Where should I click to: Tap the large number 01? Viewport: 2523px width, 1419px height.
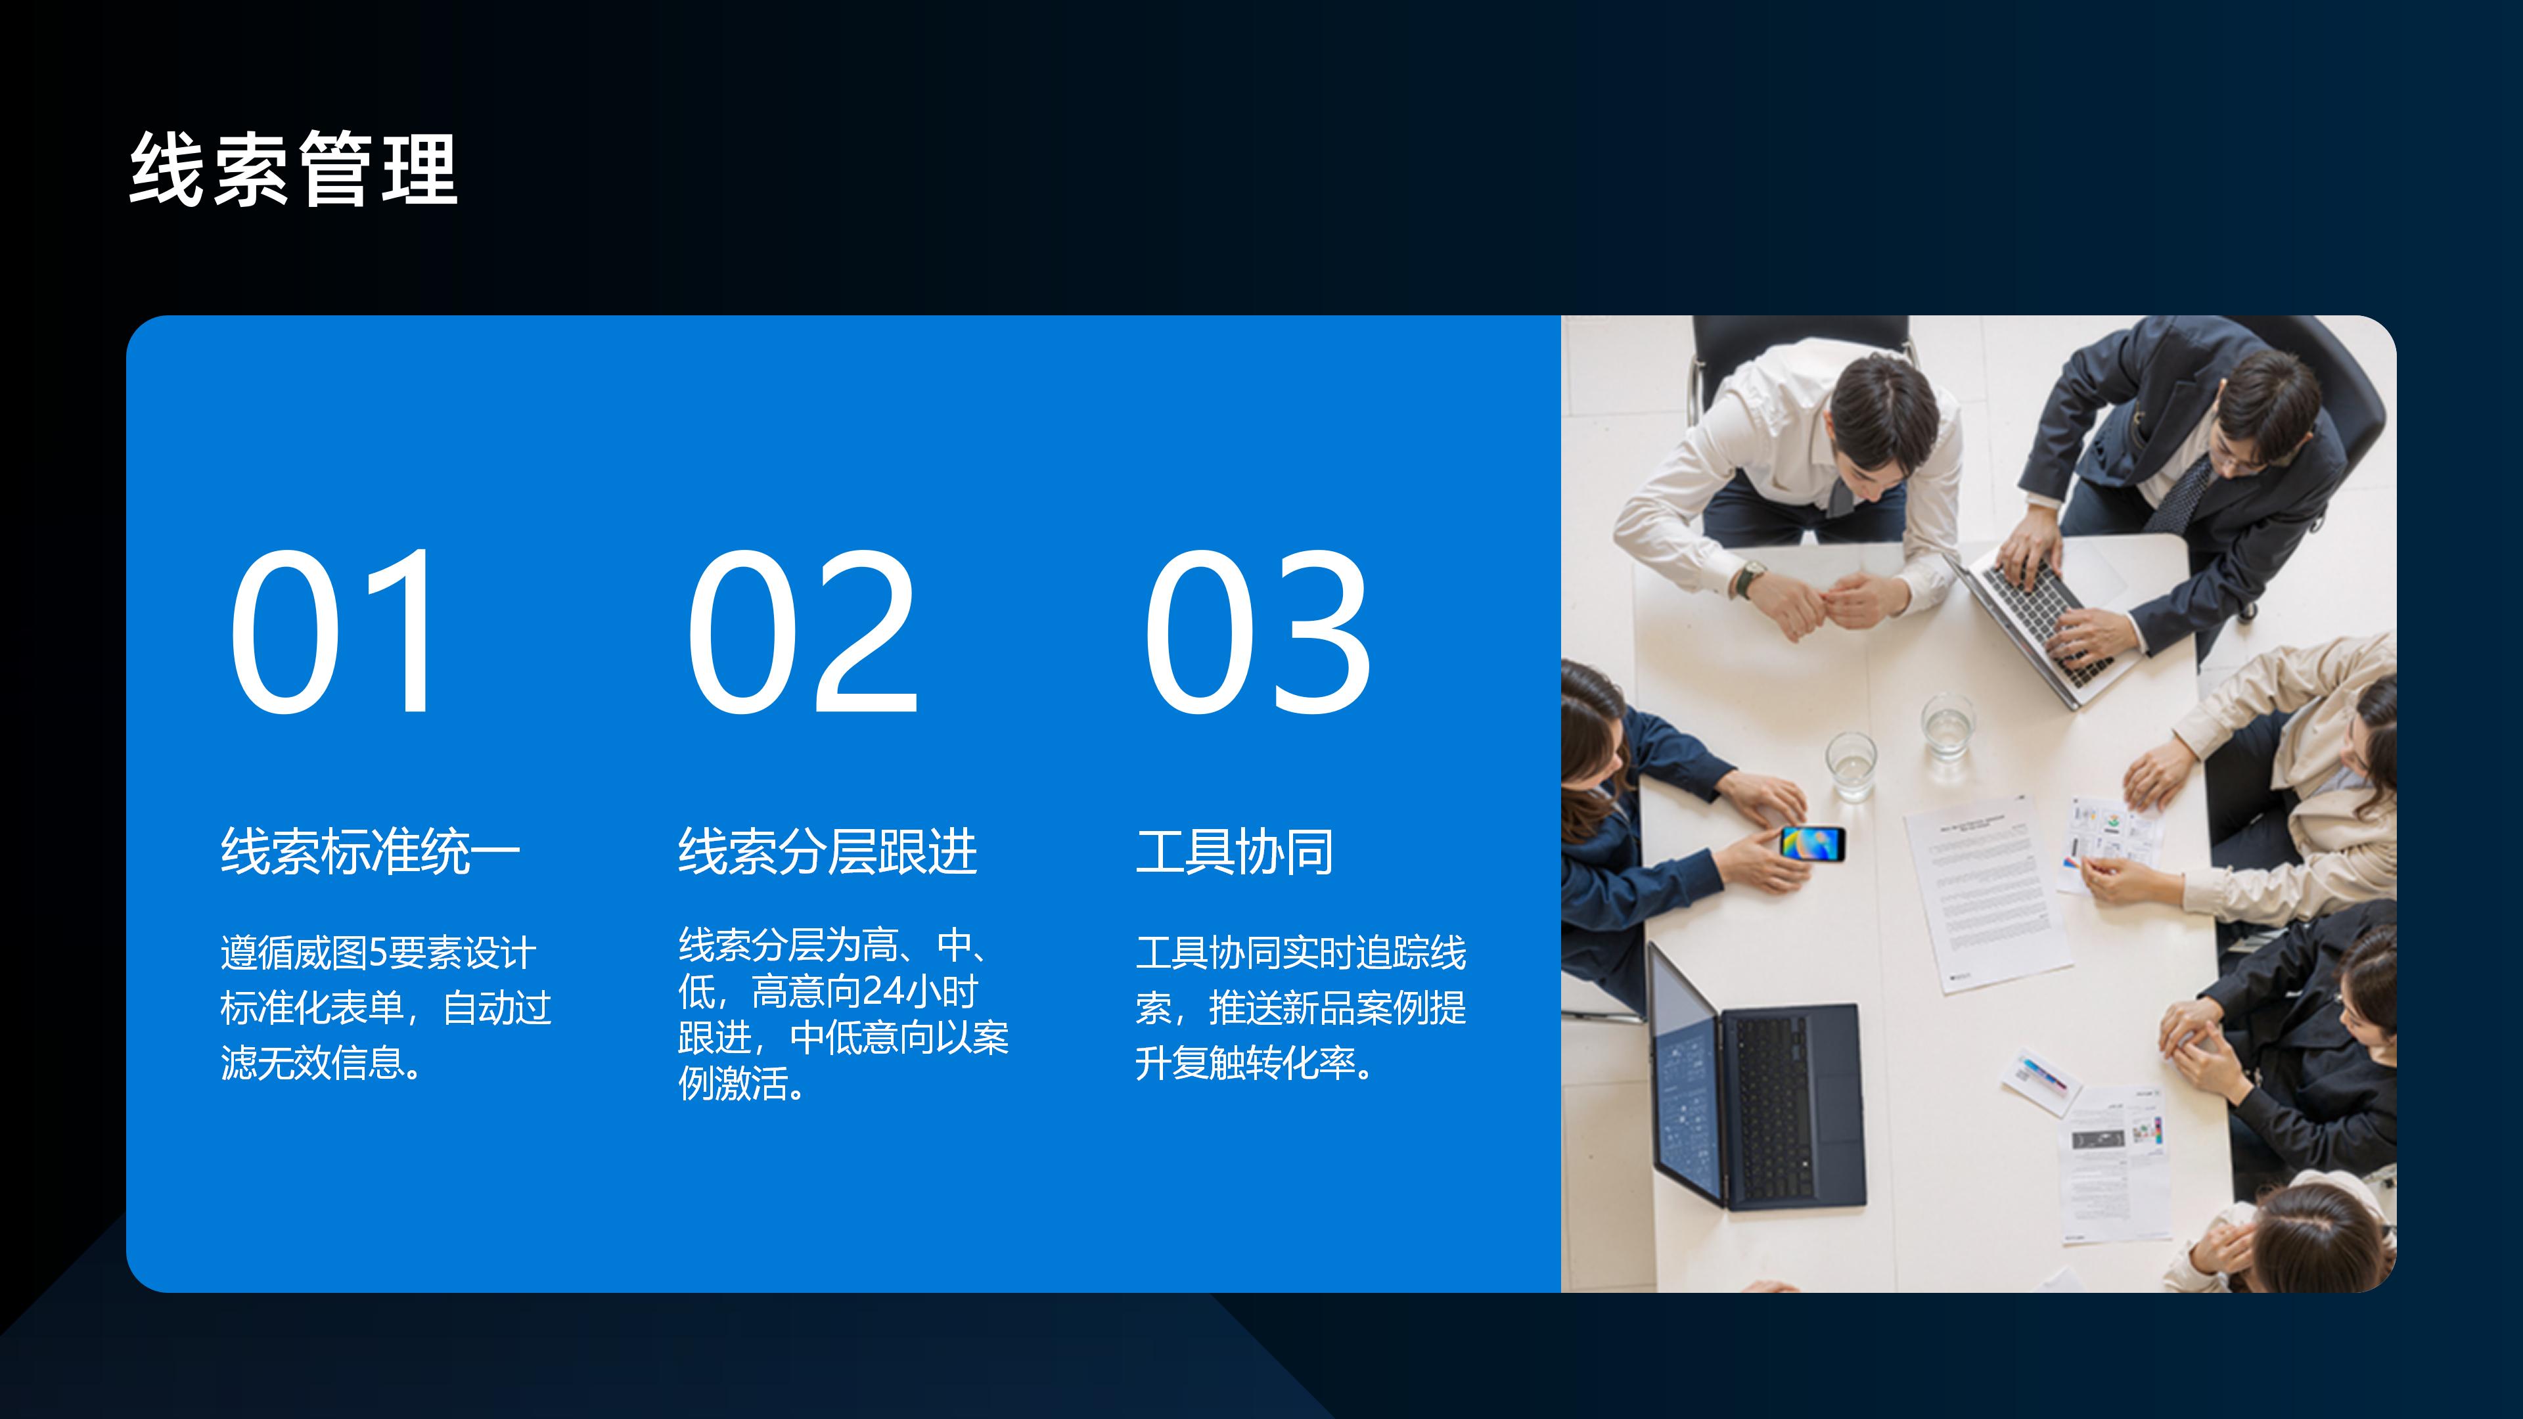tap(333, 631)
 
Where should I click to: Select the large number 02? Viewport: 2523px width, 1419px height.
tap(801, 631)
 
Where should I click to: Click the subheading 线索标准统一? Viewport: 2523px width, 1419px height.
tap(370, 851)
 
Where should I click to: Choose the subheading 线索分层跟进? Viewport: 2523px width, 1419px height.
tap(828, 851)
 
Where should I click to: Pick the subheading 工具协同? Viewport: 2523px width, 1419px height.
tap(1234, 851)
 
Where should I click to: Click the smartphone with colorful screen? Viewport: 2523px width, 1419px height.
tap(1812, 842)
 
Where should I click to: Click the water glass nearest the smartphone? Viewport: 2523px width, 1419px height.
tap(1851, 764)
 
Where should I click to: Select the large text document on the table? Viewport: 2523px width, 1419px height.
tap(1988, 891)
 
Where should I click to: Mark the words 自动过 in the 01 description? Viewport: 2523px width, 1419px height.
tap(497, 1008)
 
